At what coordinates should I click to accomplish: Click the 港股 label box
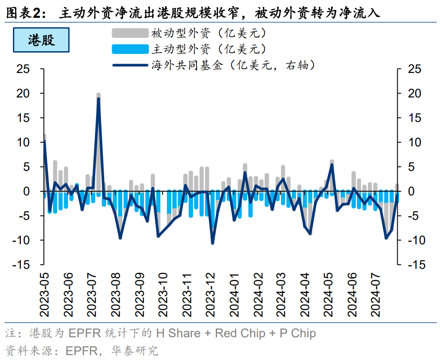coord(41,40)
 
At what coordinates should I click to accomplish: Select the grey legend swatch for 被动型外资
coord(129,33)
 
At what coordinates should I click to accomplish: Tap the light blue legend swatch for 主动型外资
coord(129,49)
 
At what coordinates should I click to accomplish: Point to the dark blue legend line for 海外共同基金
coord(129,65)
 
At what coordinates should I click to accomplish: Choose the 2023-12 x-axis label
coord(212,294)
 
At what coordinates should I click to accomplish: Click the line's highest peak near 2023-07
coord(98,98)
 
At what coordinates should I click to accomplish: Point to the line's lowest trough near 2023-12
coord(213,243)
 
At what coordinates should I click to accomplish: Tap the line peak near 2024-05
coord(332,165)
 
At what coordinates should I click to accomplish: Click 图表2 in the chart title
coord(25,13)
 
